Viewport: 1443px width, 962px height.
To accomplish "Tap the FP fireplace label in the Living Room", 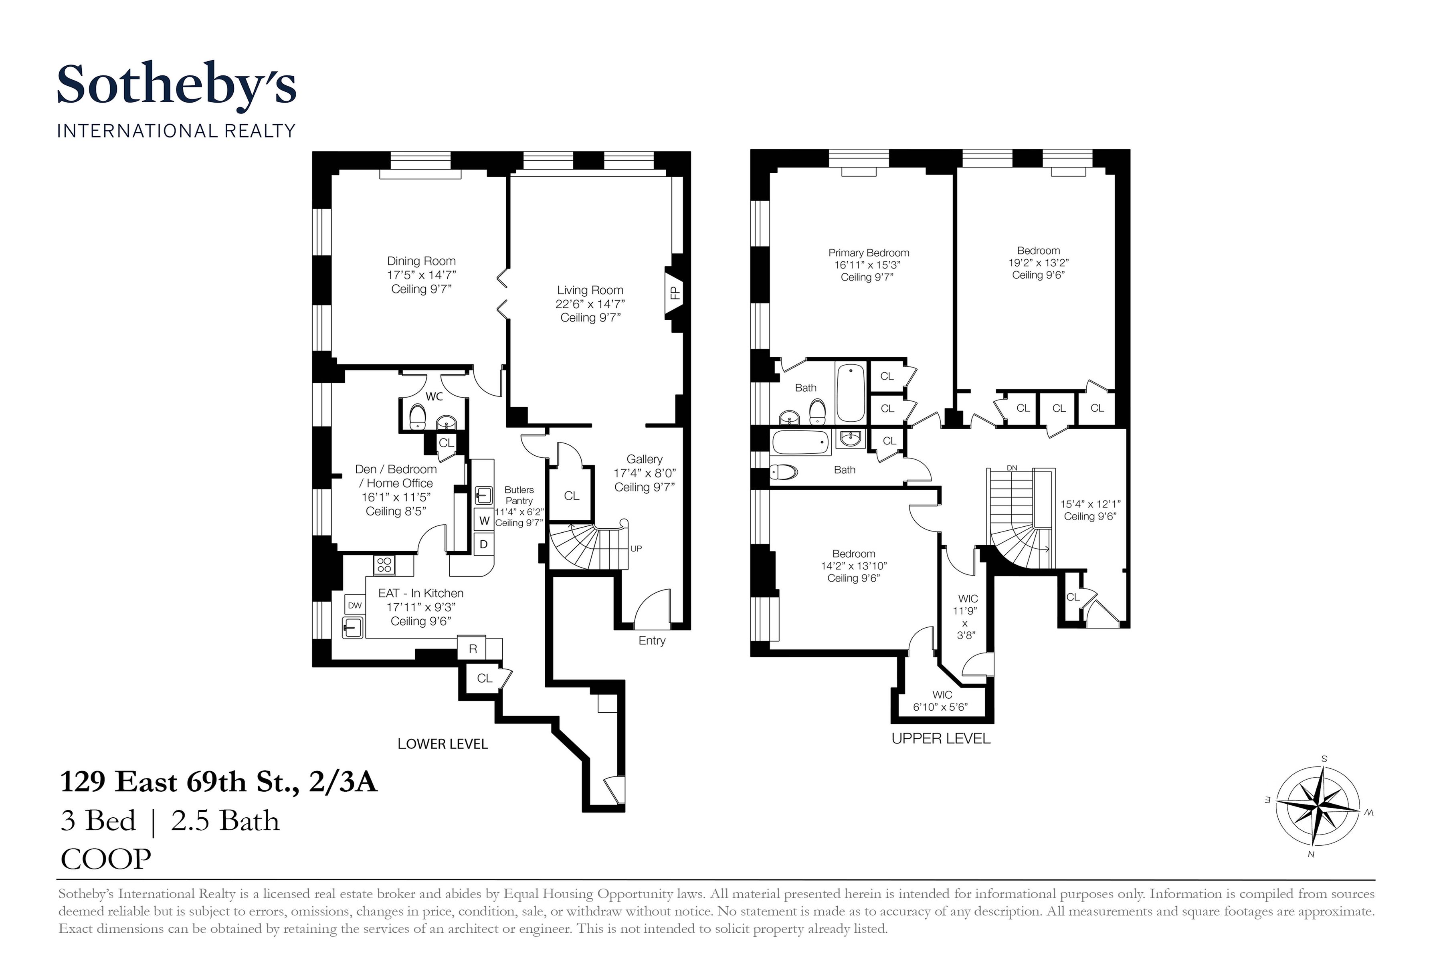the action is pos(675,293).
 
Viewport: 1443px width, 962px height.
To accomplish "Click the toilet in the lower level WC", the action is pos(418,416).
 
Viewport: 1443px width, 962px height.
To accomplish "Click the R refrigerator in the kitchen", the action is pos(473,649).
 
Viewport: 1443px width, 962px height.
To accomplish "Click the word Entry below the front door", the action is pos(652,641).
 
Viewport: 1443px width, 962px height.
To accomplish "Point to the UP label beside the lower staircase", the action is pos(636,548).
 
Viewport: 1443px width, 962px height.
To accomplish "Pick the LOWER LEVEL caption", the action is pos(443,744).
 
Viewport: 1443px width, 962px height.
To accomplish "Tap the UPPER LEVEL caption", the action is pos(941,739).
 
